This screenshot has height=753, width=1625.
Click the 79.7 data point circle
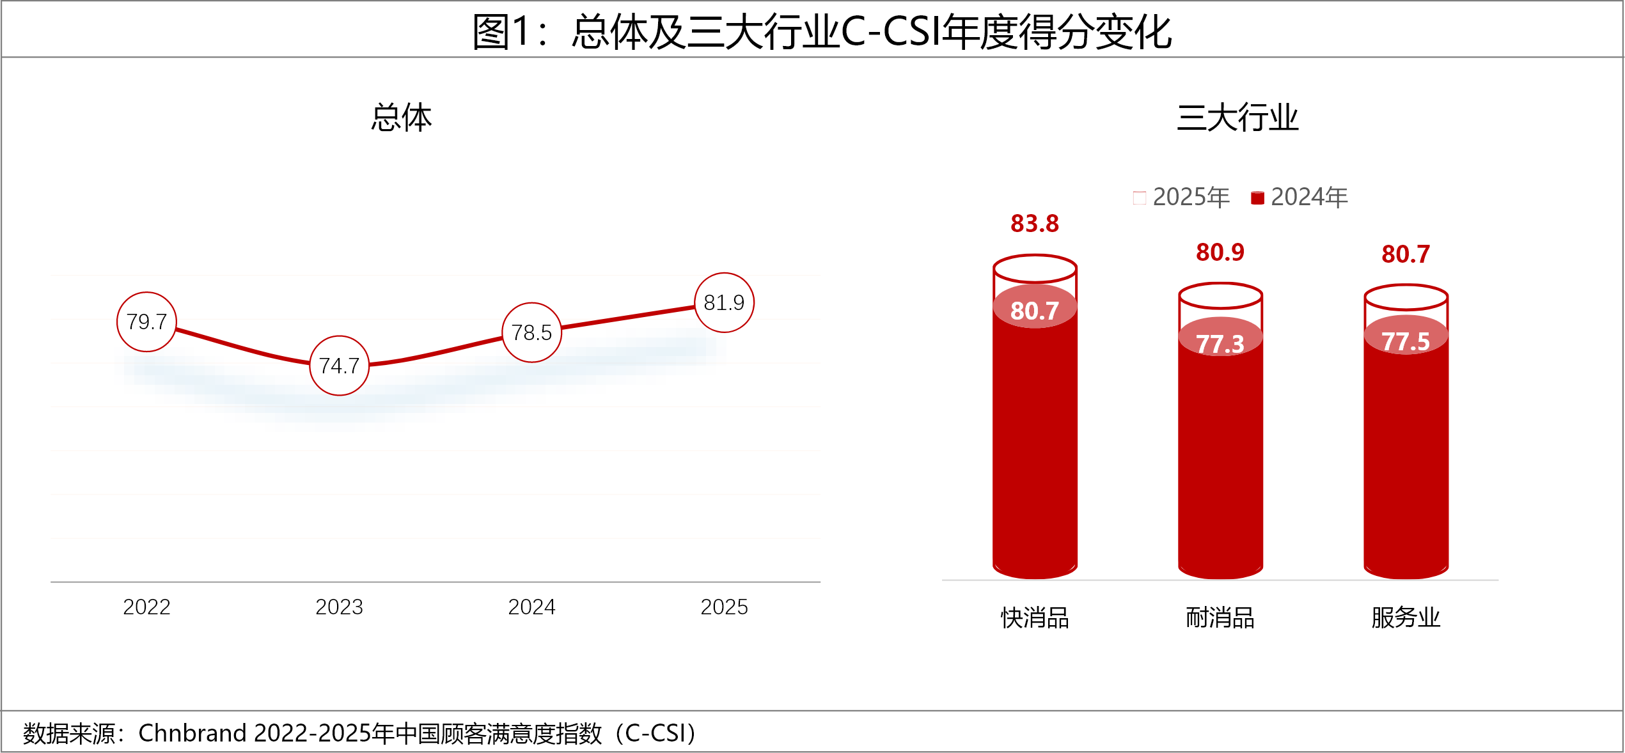click(146, 322)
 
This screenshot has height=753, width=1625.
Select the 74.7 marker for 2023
click(339, 366)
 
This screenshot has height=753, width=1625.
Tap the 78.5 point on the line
click(531, 332)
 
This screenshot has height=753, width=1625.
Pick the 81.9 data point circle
click(724, 302)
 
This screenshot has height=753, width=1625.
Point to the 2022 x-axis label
click(146, 607)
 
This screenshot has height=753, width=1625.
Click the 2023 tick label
click(339, 607)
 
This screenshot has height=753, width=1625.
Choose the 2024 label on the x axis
click(531, 607)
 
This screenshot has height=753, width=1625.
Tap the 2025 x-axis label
click(724, 607)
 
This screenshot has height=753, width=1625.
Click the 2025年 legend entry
click(1181, 197)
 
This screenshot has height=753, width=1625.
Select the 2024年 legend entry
click(1299, 197)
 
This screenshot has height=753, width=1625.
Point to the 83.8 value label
click(1035, 224)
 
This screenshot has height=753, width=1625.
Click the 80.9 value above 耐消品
click(1220, 252)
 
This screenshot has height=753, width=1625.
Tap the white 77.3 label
click(1220, 344)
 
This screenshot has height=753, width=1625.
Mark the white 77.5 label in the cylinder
click(1406, 341)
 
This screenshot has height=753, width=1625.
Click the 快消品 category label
click(1035, 617)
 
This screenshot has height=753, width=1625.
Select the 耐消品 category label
click(1220, 617)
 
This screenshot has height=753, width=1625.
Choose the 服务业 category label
click(1406, 617)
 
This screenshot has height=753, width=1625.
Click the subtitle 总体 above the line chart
click(402, 118)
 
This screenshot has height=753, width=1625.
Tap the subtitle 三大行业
click(1237, 118)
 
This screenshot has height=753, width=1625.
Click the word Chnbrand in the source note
click(192, 733)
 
